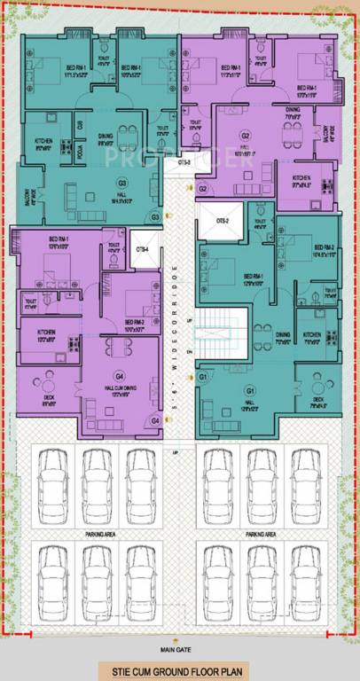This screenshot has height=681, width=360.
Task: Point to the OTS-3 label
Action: tap(184, 162)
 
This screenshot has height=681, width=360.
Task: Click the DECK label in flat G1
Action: tap(318, 403)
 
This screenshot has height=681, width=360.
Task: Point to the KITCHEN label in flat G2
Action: tap(301, 183)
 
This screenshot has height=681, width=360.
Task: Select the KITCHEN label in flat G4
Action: tap(47, 334)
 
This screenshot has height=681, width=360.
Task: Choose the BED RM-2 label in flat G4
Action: tap(134, 324)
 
